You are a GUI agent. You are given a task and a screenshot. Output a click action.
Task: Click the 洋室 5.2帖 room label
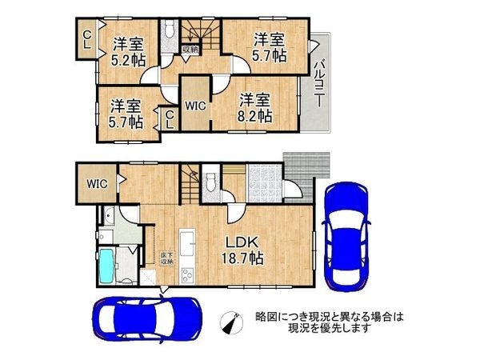[128, 51]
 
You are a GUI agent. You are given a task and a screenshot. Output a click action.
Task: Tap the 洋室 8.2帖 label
[256, 107]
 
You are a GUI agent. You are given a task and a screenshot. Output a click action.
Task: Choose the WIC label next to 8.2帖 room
[195, 105]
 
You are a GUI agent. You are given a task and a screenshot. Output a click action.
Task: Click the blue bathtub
[107, 266]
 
